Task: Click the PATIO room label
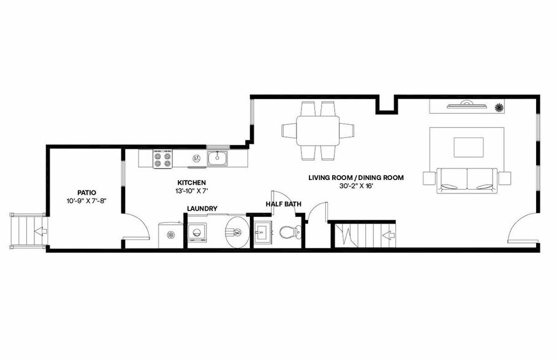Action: [x=86, y=192]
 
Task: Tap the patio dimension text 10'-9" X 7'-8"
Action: [x=86, y=200]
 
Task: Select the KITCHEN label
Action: [x=191, y=182]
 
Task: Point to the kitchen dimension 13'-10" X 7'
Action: [x=191, y=191]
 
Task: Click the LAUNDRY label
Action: [x=202, y=209]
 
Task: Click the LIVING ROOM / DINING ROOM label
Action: [x=356, y=178]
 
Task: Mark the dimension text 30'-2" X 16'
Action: [x=356, y=186]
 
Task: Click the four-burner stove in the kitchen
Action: [x=162, y=159]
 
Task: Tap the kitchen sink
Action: [x=218, y=159]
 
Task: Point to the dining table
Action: [x=318, y=130]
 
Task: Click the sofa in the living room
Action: [x=467, y=180]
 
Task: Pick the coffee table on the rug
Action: [x=468, y=147]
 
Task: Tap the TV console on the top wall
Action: [x=464, y=107]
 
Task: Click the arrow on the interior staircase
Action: [x=386, y=234]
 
